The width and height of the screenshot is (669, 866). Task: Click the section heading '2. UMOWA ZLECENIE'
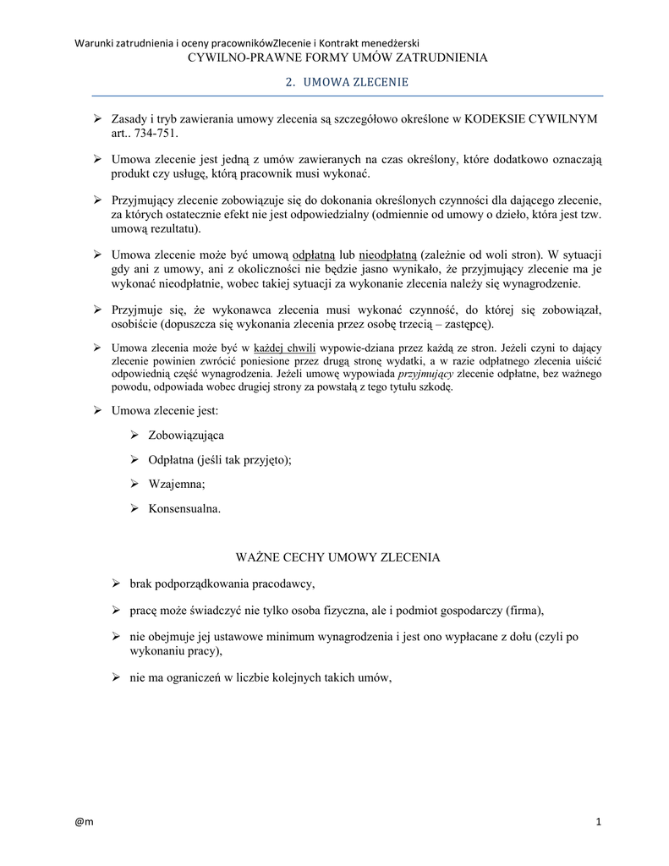(343, 83)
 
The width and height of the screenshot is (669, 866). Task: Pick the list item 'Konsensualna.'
(184, 509)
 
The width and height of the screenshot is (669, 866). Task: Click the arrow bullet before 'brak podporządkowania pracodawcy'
(118, 584)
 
